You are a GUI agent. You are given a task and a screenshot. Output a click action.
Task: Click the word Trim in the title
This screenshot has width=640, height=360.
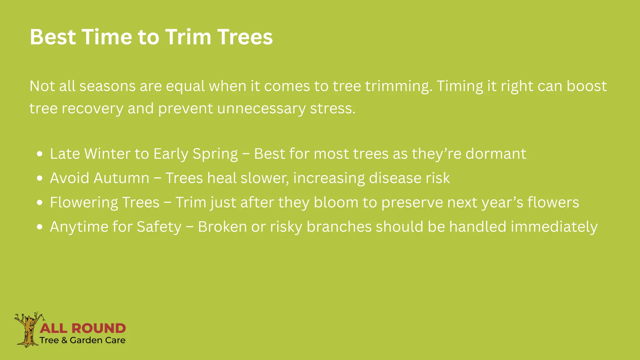pyautogui.click(x=188, y=37)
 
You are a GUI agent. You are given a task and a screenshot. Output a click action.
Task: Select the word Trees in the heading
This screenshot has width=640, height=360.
pyautogui.click(x=245, y=37)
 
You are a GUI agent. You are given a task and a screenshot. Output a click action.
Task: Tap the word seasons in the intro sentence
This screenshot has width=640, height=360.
pyautogui.click(x=107, y=86)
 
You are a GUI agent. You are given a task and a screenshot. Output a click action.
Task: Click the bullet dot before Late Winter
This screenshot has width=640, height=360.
pyautogui.click(x=39, y=154)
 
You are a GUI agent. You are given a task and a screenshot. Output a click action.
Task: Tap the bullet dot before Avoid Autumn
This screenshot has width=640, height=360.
pyautogui.click(x=39, y=178)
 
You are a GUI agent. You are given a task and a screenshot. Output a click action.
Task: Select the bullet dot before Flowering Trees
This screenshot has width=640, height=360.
pyautogui.click(x=39, y=202)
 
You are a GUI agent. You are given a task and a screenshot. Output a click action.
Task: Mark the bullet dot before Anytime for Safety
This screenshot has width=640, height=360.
pyautogui.click(x=39, y=227)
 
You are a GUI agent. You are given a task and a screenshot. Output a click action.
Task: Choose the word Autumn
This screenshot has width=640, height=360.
pyautogui.click(x=122, y=178)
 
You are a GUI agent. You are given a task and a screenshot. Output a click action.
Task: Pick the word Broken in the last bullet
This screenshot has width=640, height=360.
pyautogui.click(x=222, y=227)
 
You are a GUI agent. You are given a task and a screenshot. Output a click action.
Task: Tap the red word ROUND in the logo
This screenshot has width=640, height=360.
pyautogui.click(x=98, y=328)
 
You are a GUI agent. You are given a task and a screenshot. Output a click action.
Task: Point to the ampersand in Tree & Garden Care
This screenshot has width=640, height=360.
pyautogui.click(x=64, y=340)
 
